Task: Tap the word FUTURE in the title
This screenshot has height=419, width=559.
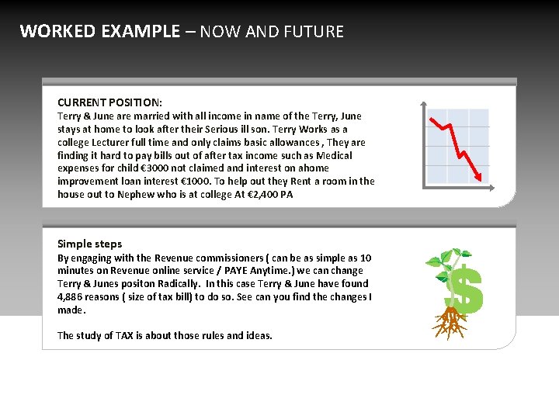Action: [314, 32]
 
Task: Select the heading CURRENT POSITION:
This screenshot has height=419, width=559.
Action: [109, 102]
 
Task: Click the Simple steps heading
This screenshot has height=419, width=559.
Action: [89, 244]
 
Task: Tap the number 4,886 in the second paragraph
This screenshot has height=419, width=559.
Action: [72, 297]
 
